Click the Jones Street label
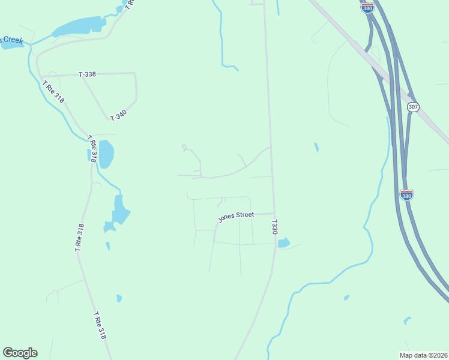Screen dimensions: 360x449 (236, 216)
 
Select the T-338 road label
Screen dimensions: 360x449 (87, 74)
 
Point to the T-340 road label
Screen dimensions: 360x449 (118, 114)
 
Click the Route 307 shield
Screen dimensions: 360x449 (412, 107)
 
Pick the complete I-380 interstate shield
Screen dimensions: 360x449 (406, 194)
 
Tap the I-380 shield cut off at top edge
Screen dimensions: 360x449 (367, 6)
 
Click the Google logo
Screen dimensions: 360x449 (20, 353)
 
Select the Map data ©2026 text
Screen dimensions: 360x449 (423, 355)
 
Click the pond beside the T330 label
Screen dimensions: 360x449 (283, 243)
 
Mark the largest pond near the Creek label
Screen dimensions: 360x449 (79, 26)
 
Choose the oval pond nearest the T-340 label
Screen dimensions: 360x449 (106, 154)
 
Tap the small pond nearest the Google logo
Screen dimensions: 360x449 (119, 298)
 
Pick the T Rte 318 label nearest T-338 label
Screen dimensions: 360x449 (53, 92)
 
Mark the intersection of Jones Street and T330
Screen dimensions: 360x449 (274, 213)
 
